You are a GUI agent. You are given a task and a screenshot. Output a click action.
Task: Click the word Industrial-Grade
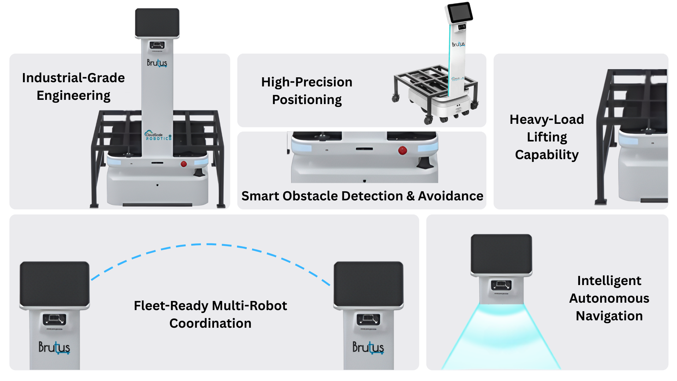(73, 78)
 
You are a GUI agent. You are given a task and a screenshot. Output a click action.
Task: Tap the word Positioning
(307, 100)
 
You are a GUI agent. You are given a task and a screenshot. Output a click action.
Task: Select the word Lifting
(547, 137)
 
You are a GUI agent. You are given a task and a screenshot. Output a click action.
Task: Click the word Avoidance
(450, 196)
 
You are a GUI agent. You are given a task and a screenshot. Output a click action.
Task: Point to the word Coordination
(210, 323)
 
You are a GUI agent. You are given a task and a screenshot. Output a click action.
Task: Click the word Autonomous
(609, 298)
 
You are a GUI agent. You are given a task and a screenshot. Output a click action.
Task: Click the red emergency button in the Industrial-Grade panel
(184, 164)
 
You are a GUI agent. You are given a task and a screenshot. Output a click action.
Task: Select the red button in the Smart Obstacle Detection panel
(402, 151)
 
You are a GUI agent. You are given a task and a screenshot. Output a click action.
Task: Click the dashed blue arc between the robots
(210, 244)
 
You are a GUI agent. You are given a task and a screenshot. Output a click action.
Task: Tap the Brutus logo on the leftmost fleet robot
(54, 347)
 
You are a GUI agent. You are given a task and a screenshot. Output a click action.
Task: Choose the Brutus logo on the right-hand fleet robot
(368, 347)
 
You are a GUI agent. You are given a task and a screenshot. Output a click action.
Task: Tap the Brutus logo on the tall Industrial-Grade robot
(157, 63)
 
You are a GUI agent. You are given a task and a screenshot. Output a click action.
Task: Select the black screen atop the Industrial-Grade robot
(157, 22)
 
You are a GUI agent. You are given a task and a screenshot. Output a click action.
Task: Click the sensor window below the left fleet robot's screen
(54, 320)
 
